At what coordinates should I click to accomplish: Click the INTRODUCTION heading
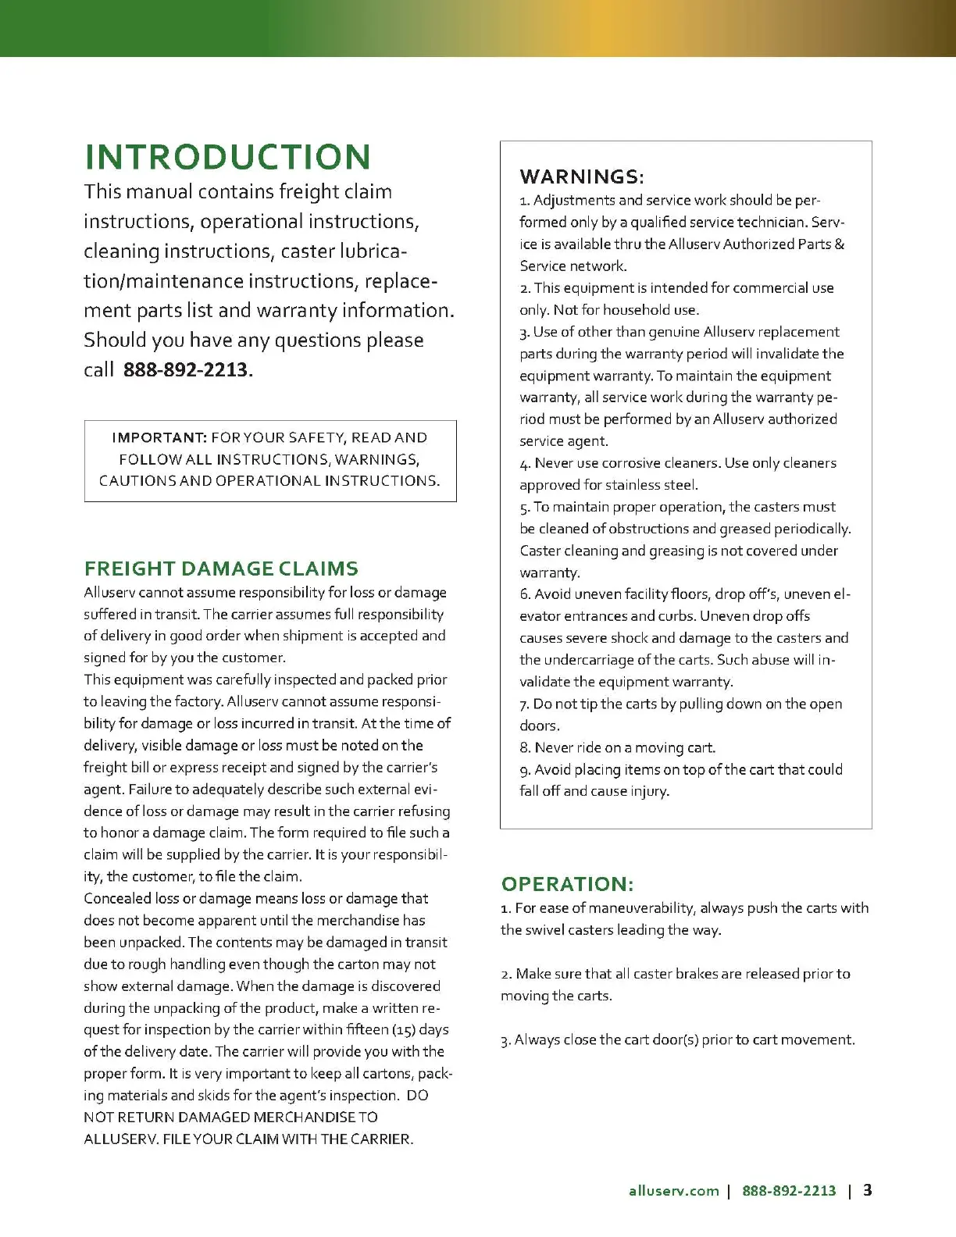[x=227, y=157]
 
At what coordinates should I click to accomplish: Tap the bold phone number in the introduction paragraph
[x=186, y=370]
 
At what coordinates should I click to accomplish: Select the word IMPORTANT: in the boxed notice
[x=159, y=438]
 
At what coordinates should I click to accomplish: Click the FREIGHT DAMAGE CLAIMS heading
[x=221, y=569]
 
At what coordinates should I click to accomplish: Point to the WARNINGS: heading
[x=582, y=176]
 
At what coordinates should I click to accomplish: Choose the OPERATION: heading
[x=567, y=884]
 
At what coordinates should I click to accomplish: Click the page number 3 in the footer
[x=868, y=1191]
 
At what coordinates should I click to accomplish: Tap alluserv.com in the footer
[x=673, y=1191]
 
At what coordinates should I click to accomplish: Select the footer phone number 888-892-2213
[x=789, y=1191]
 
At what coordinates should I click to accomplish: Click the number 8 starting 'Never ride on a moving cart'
[x=525, y=748]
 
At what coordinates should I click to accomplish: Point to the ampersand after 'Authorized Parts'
[x=839, y=244]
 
